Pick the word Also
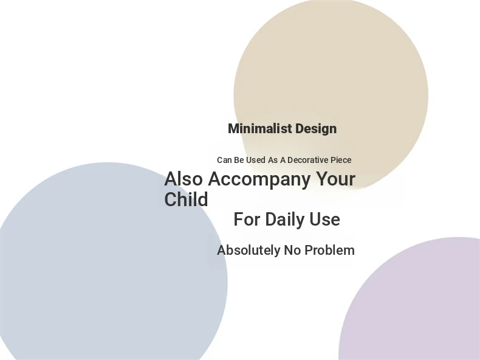(183, 179)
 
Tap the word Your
(335, 179)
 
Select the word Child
(186, 199)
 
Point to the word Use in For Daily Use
(324, 220)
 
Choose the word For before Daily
(247, 220)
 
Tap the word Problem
(330, 251)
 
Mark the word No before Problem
(292, 251)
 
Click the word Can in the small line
(224, 160)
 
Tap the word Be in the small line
(239, 160)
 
